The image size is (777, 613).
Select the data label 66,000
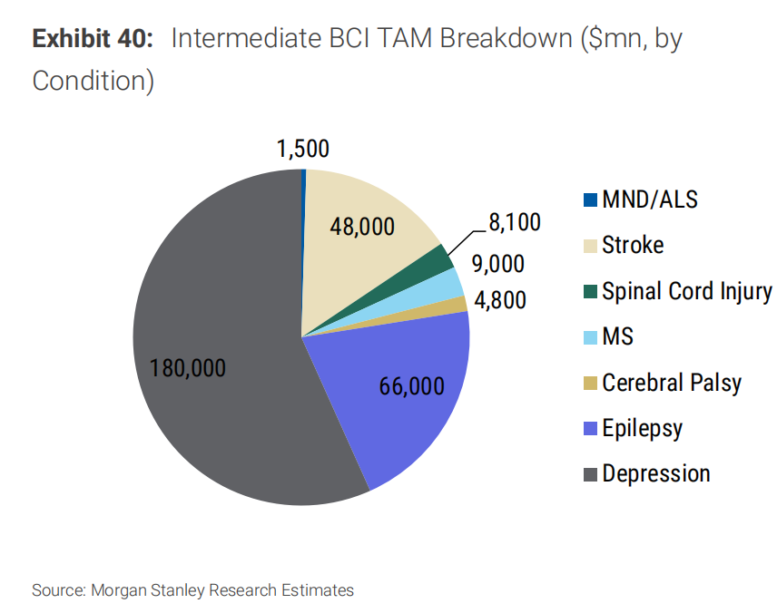click(411, 385)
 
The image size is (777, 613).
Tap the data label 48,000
click(362, 227)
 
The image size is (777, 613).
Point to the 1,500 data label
click(303, 150)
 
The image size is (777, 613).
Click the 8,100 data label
click(514, 222)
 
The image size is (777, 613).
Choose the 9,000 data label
click(497, 264)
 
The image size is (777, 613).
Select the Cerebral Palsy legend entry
click(672, 383)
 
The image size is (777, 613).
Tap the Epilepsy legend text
click(642, 428)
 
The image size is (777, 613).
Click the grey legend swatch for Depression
click(589, 474)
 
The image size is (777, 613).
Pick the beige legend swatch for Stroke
click(589, 246)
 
